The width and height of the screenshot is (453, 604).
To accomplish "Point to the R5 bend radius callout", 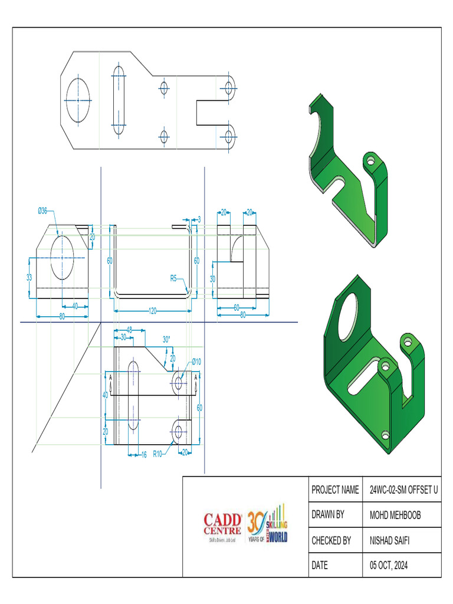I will pos(174,277).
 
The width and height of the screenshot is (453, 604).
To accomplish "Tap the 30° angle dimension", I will pos(166,339).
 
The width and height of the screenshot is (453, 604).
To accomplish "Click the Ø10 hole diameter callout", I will pos(196,362).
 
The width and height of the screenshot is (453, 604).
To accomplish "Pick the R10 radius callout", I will pos(157,454).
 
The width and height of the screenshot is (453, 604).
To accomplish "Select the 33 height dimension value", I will pos(29,276).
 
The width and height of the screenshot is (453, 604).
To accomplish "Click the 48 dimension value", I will pos(129,329).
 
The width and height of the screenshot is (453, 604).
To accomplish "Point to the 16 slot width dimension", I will pos(143,454).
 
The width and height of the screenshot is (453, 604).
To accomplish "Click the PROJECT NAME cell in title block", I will pos(334,490).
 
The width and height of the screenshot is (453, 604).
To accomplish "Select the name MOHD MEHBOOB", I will pos(395,515).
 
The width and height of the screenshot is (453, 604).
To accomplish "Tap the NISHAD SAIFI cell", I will pos(390,540).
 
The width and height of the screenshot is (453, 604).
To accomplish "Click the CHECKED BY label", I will pos(331,540).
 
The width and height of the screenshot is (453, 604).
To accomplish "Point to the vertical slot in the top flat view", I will pos(119,100).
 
